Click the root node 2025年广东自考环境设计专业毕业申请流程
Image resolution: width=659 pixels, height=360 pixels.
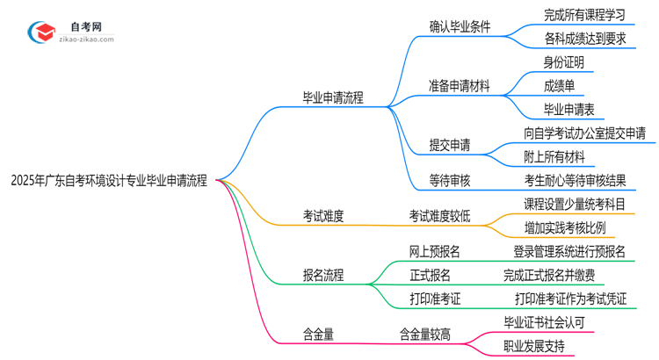(x=109, y=182)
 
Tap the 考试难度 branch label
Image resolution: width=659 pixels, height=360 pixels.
(x=323, y=216)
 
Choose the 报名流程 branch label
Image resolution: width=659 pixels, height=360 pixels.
(x=323, y=276)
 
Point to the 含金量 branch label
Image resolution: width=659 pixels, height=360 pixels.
(x=318, y=334)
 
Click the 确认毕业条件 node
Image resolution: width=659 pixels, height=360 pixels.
(x=460, y=26)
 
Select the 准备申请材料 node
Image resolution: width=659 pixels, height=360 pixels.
(x=460, y=86)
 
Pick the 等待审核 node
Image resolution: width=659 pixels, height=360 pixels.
(x=449, y=181)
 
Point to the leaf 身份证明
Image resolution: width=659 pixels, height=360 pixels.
(x=564, y=62)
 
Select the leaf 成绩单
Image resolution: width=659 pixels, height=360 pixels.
(x=559, y=86)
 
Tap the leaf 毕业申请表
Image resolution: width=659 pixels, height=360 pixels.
(x=569, y=110)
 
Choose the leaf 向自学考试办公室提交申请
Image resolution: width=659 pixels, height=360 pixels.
(x=584, y=133)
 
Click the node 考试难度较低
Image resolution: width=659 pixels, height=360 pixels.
(x=439, y=216)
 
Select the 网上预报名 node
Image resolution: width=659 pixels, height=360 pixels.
(x=435, y=252)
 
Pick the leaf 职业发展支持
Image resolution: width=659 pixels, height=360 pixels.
(x=534, y=346)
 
